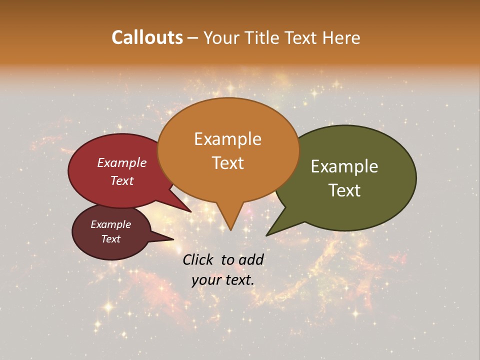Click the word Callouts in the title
[x=147, y=37]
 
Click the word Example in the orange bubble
[x=227, y=139]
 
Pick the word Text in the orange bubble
[x=227, y=163]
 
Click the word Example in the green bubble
[x=344, y=166]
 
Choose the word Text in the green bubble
[x=344, y=190]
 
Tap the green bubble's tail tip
[x=267, y=235]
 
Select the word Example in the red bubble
[x=122, y=162]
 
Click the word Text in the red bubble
[x=122, y=180]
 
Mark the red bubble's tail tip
[x=190, y=212]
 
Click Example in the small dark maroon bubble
[x=110, y=224]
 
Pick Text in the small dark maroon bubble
[x=110, y=239]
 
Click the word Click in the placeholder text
[x=199, y=259]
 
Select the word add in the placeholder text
[x=251, y=259]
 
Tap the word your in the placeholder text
[x=206, y=280]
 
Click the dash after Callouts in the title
[x=193, y=38]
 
